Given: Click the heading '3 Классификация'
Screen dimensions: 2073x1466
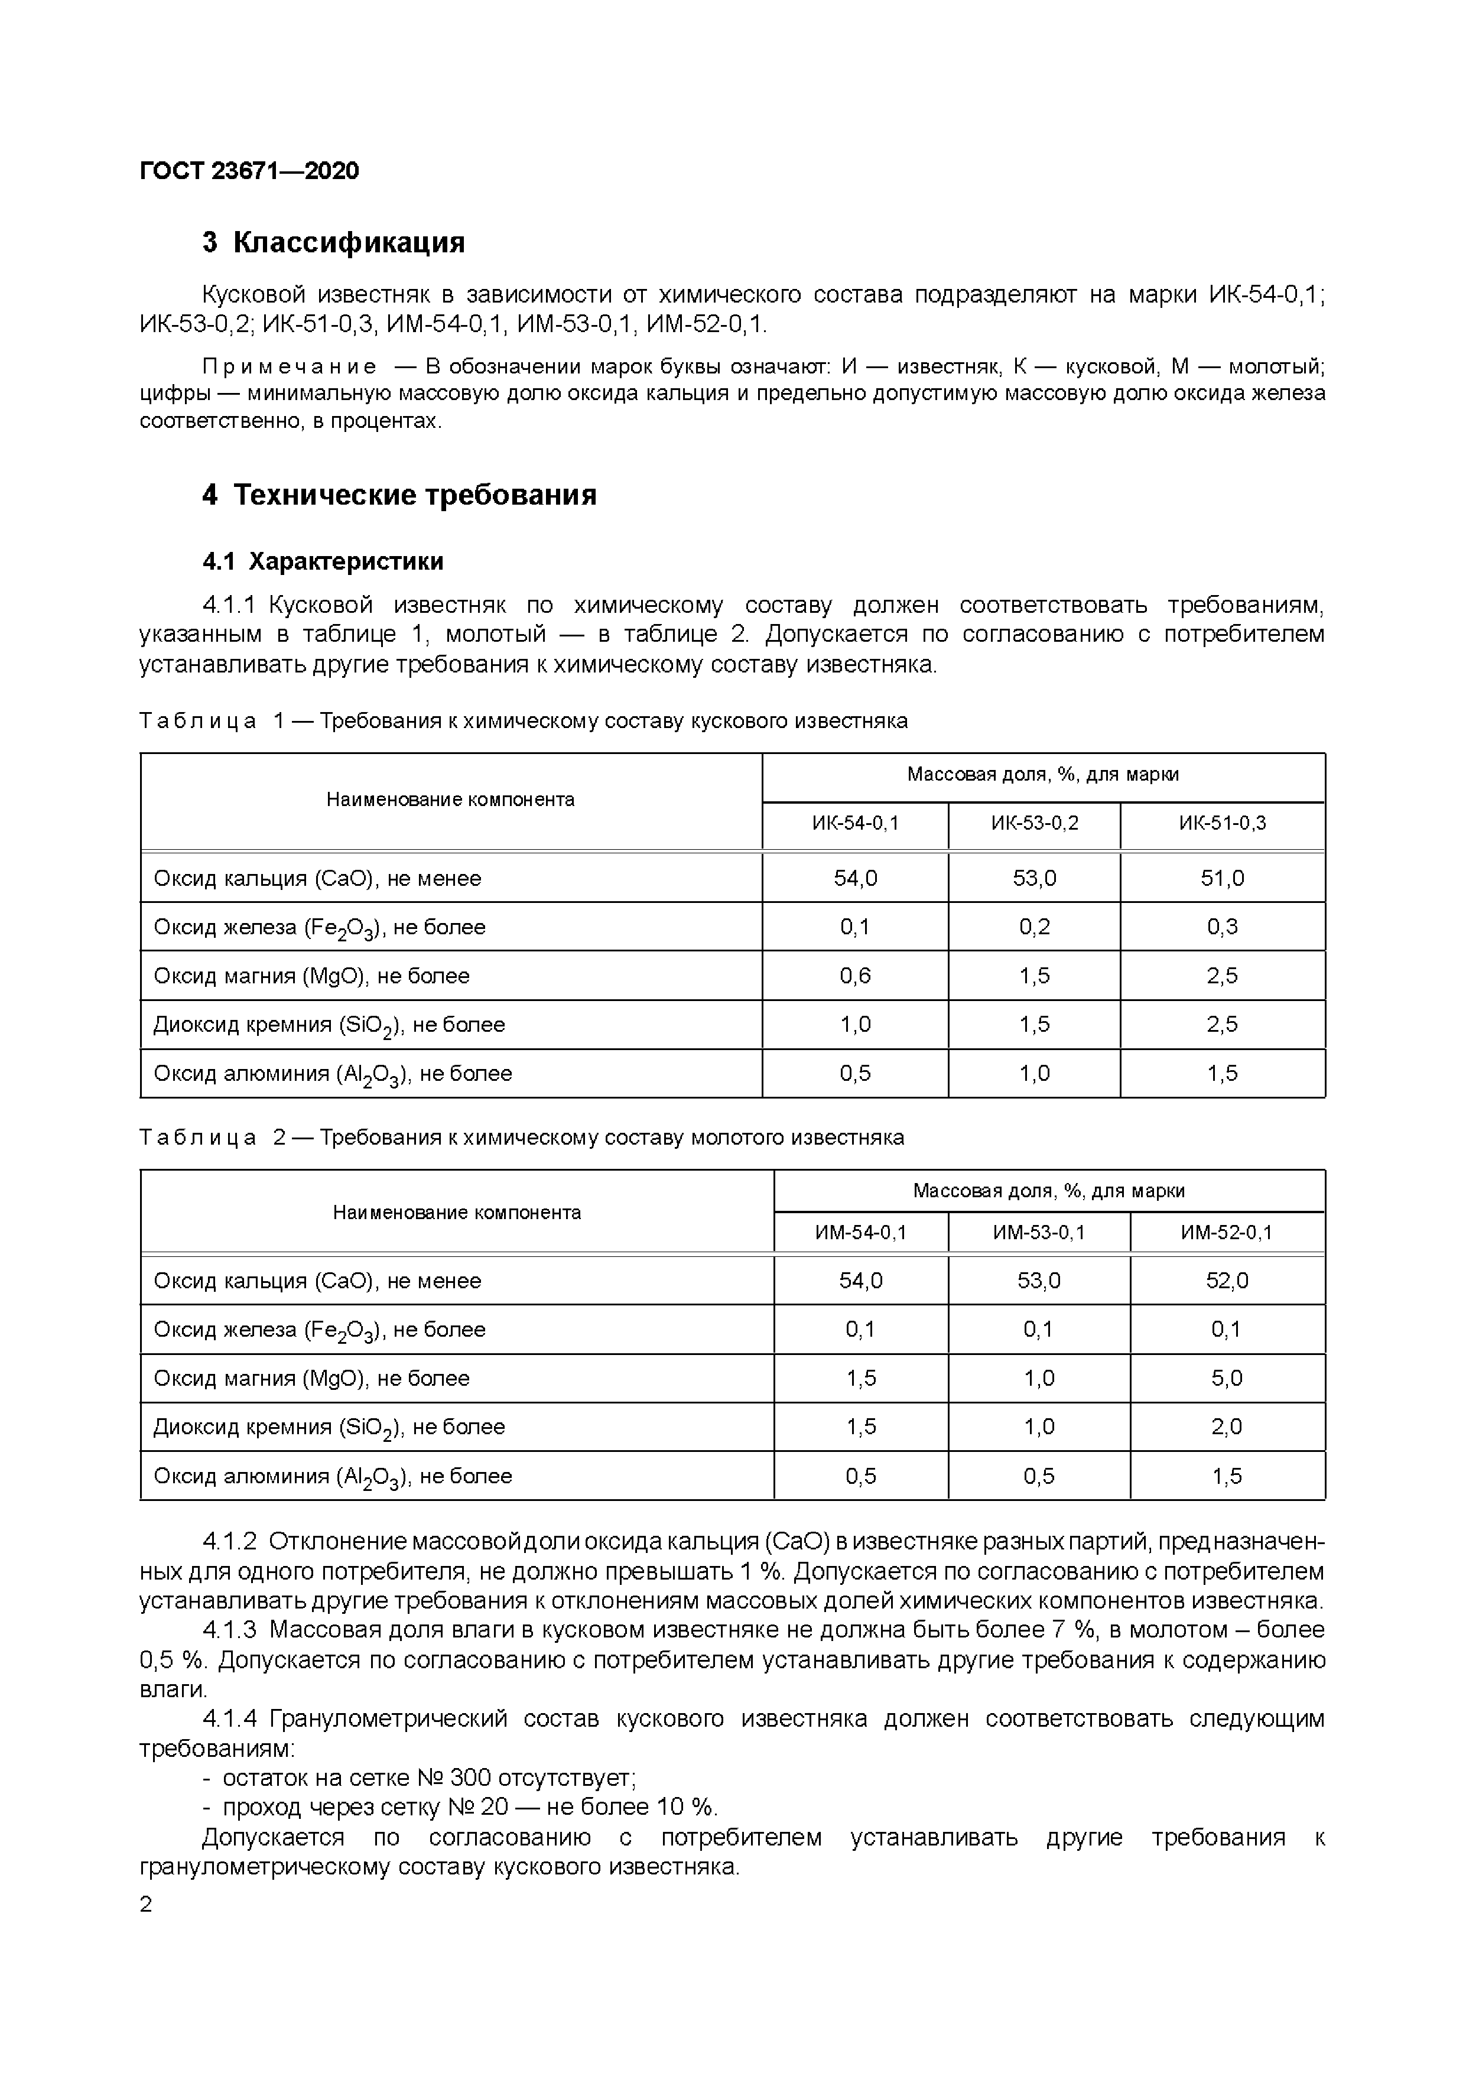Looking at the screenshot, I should [x=333, y=243].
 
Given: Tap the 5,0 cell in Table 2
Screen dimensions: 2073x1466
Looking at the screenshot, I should [x=1226, y=1379].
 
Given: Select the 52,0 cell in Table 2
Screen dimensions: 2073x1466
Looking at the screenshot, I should [x=1226, y=1281].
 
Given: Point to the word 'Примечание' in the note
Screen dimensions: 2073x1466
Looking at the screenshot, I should [x=289, y=366].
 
